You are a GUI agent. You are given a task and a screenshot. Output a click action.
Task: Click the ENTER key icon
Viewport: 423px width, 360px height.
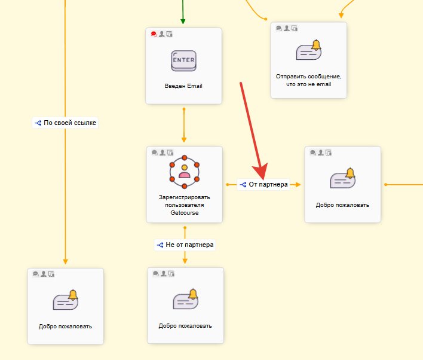point(183,60)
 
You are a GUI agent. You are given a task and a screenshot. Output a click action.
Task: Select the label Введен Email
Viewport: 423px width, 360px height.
point(183,86)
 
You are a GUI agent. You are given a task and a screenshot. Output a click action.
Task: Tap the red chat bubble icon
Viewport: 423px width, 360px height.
point(154,34)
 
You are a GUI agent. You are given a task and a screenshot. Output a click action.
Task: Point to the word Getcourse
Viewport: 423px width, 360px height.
point(184,212)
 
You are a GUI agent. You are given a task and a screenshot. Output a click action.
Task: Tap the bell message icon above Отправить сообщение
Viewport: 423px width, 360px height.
point(308,50)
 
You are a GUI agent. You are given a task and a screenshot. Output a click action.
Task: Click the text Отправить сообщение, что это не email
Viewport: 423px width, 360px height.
point(308,80)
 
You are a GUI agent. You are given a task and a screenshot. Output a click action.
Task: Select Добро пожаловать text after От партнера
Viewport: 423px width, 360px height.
point(342,205)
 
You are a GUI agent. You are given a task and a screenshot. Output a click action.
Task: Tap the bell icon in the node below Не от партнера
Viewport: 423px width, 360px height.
point(185,299)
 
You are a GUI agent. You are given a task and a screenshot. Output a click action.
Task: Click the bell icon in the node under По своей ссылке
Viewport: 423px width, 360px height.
point(66,299)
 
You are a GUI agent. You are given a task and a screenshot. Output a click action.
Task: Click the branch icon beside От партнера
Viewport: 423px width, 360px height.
point(243,185)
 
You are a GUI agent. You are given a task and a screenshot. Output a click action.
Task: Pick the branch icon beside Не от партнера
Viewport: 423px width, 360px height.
point(160,245)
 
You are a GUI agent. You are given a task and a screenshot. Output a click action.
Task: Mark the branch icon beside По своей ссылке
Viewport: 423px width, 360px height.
point(38,123)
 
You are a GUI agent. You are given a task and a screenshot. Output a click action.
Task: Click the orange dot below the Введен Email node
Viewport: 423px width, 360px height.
point(184,109)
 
